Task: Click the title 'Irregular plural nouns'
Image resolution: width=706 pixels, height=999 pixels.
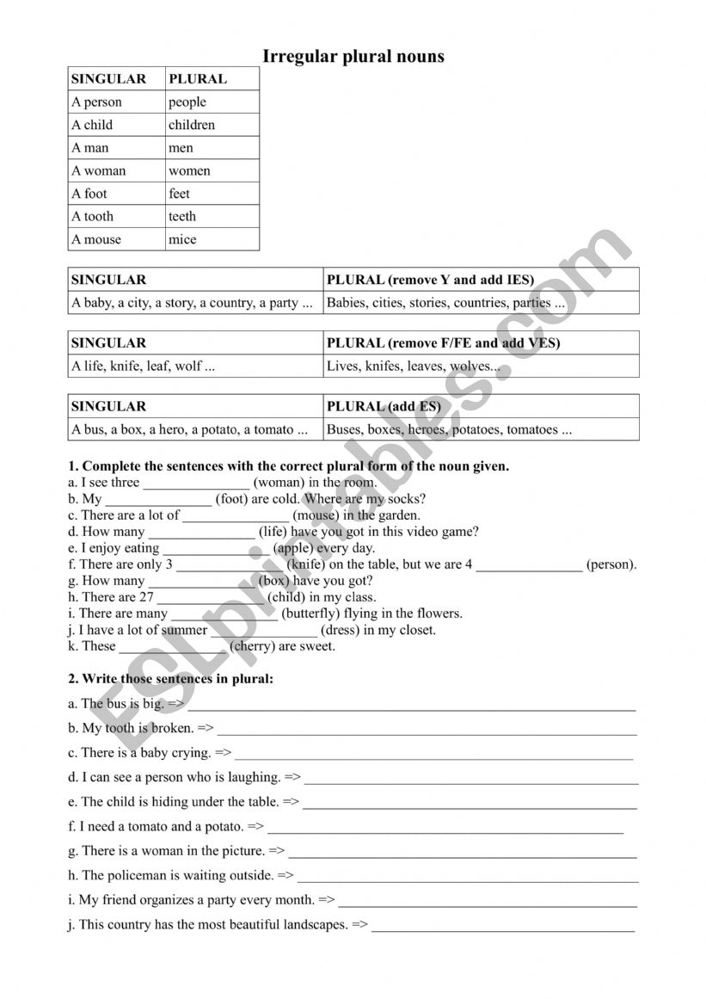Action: (x=353, y=57)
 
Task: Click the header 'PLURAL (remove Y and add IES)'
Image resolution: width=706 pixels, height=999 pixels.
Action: (x=430, y=280)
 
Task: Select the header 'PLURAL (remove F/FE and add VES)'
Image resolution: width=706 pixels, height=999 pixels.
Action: (x=443, y=343)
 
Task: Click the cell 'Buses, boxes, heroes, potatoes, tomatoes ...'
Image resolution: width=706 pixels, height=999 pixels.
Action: (x=449, y=429)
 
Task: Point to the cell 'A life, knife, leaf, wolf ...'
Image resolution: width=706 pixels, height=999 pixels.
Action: (x=143, y=366)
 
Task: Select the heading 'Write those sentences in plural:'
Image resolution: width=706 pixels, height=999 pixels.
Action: (x=178, y=679)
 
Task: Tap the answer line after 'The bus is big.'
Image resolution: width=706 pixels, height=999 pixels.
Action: (x=413, y=707)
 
